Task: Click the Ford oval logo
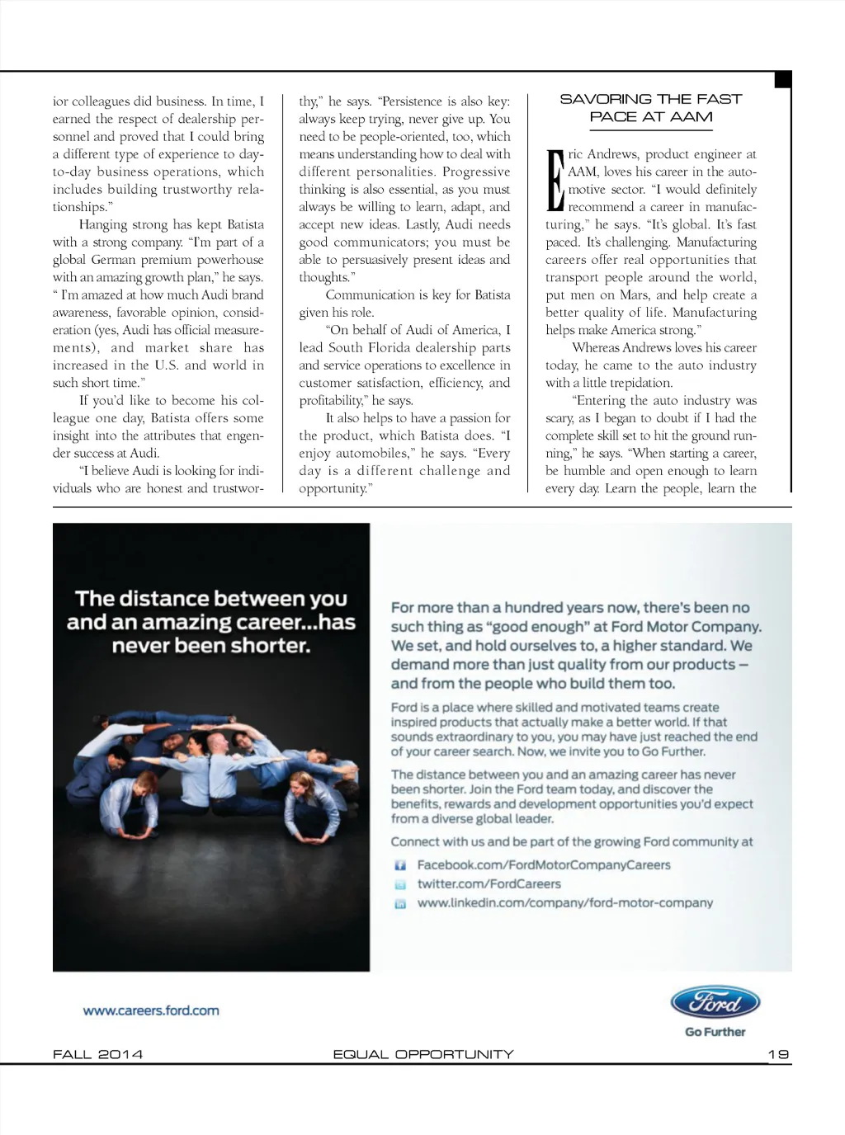(715, 1002)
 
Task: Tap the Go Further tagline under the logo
(715, 1032)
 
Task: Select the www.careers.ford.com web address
(151, 1010)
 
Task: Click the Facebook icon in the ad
(400, 865)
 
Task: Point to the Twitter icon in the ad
(400, 884)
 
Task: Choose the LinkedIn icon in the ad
(400, 904)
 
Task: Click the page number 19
(778, 1054)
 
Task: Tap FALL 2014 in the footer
(97, 1054)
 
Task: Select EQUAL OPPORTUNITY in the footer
(422, 1054)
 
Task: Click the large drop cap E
(555, 180)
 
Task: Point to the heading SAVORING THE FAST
(651, 99)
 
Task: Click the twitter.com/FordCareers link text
(489, 884)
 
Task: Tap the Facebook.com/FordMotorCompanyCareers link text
(544, 865)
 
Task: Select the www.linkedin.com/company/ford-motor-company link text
(565, 903)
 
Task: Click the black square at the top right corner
(783, 79)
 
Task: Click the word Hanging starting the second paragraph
(102, 224)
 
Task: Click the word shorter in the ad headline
(271, 646)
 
